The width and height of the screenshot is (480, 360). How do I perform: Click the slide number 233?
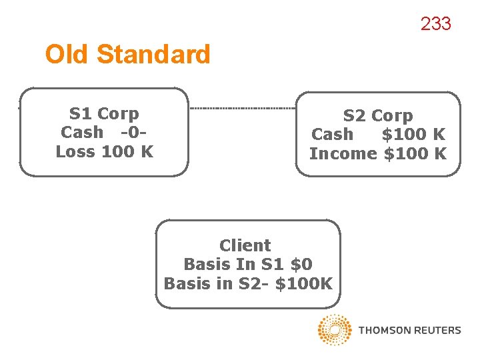[435, 24]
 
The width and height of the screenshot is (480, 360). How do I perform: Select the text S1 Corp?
[104, 113]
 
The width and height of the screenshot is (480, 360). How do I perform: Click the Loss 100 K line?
[105, 151]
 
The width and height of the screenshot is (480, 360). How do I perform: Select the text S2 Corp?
[378, 115]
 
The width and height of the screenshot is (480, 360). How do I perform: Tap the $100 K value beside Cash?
[413, 134]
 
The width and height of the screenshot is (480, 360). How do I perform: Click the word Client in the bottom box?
[245, 245]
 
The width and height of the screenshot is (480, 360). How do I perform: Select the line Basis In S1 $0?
[247, 264]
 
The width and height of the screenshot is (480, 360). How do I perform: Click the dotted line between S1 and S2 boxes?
[243, 108]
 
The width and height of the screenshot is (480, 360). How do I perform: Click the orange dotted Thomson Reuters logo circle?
[335, 330]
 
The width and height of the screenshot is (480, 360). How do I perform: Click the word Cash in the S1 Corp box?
[82, 132]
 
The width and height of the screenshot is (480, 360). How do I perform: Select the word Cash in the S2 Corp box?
[332, 134]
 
